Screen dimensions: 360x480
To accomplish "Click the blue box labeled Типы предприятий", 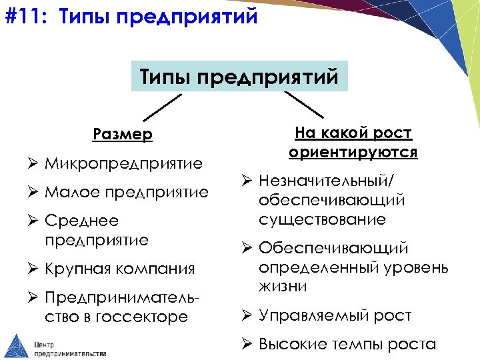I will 239,77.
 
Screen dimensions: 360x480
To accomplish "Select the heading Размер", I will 123,135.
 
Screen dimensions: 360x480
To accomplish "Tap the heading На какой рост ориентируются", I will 353,143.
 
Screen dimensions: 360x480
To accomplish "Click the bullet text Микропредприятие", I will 123,164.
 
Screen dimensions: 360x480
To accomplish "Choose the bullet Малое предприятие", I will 126,193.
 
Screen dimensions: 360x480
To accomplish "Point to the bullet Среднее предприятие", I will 96,231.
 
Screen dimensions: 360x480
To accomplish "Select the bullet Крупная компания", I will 119,269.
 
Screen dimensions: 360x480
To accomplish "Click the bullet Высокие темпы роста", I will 347,344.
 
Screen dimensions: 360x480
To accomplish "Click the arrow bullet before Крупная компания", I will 35,269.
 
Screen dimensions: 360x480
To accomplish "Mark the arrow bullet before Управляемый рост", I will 247,315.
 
